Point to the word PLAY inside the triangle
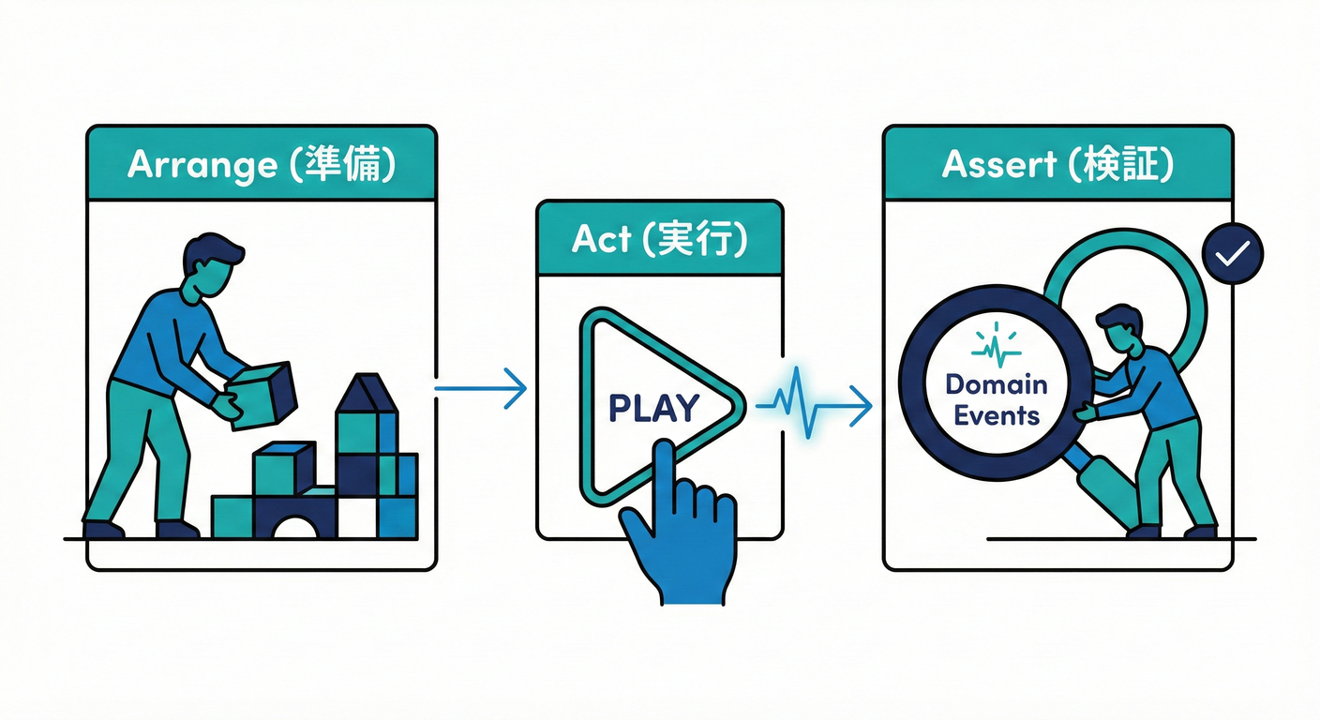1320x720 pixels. [x=653, y=408]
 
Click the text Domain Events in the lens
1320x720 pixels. [x=996, y=399]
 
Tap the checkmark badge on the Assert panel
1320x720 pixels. [x=1232, y=253]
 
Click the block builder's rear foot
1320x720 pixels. [x=102, y=530]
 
